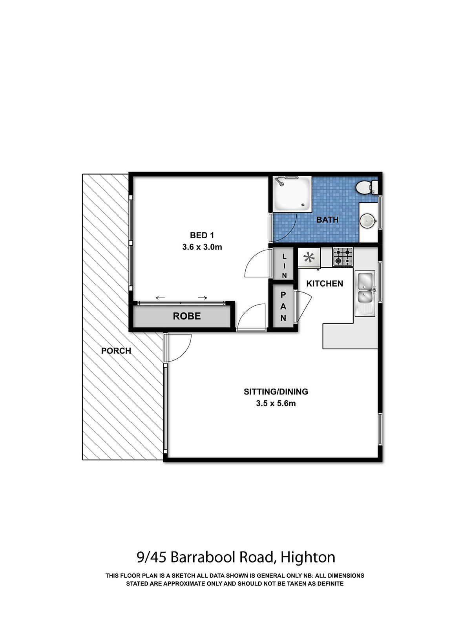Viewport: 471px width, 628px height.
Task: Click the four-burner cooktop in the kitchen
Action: [343, 257]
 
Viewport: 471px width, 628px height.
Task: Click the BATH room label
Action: [327, 220]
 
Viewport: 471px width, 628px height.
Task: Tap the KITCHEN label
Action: [325, 283]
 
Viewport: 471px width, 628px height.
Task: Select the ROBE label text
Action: [186, 316]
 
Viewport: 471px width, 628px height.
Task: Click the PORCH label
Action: [116, 351]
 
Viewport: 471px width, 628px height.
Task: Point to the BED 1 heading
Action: [202, 235]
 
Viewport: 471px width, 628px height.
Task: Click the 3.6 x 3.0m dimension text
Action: [202, 247]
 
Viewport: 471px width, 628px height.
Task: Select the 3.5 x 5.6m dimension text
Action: [276, 403]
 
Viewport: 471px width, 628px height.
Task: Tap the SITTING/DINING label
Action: [276, 391]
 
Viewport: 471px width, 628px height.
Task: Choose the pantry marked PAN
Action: [283, 306]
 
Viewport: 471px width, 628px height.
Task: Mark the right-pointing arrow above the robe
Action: [203, 298]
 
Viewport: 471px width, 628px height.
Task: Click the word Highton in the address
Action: [308, 557]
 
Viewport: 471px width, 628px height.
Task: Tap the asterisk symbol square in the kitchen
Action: [309, 258]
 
